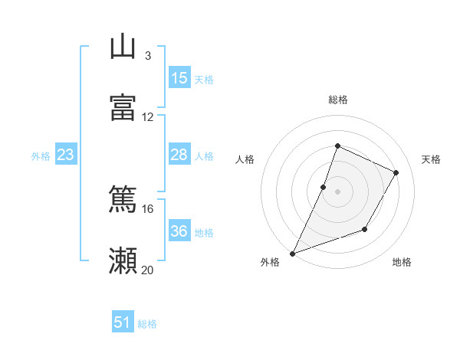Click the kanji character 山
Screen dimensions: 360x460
pyautogui.click(x=123, y=47)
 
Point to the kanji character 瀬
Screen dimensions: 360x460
pyautogui.click(x=123, y=261)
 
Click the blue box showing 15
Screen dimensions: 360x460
pyautogui.click(x=179, y=78)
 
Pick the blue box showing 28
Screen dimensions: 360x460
pyautogui.click(x=179, y=155)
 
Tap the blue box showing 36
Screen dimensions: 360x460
pyautogui.click(x=179, y=231)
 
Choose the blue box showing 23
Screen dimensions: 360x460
pyautogui.click(x=66, y=155)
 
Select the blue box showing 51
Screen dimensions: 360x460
pyautogui.click(x=123, y=322)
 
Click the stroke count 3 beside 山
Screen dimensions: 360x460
pyautogui.click(x=147, y=55)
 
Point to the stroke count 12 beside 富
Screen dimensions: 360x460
pyautogui.click(x=148, y=116)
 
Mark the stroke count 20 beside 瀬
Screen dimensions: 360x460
pyautogui.click(x=148, y=270)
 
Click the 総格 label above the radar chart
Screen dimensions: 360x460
pyautogui.click(x=338, y=100)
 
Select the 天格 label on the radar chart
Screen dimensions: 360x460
pyautogui.click(x=432, y=159)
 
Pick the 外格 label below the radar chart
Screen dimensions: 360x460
pyautogui.click(x=270, y=263)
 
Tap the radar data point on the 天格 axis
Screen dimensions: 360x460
pyautogui.click(x=396, y=173)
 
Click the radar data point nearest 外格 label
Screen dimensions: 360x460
pyautogui.click(x=292, y=254)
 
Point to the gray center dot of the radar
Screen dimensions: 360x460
pyautogui.click(x=337, y=191)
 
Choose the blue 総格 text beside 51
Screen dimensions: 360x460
pyautogui.click(x=147, y=324)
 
